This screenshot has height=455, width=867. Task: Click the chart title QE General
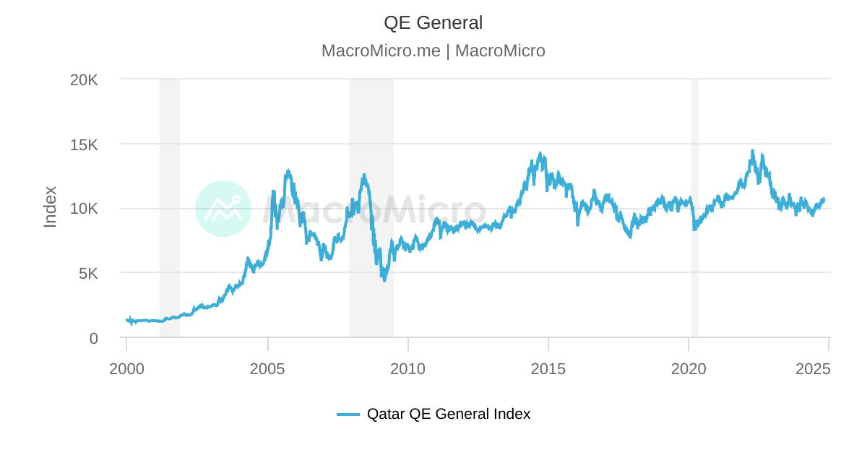[x=433, y=23]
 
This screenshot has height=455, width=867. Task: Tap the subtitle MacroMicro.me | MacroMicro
[x=433, y=51]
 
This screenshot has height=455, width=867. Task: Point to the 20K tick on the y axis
[x=84, y=79]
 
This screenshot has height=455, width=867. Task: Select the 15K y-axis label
[x=84, y=144]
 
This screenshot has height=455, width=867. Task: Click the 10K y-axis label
[x=84, y=209]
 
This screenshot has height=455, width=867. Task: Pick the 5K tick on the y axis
[x=89, y=274]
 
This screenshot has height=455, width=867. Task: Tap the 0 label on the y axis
[x=94, y=338]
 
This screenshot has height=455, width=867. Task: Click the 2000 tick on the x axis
[x=126, y=368]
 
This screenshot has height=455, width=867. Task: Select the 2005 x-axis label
[x=267, y=368]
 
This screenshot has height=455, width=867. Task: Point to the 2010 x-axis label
[x=407, y=368]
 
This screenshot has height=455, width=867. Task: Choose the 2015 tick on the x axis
[x=548, y=368]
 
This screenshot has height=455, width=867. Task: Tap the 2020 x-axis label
[x=689, y=368]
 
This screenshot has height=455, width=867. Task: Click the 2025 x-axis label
[x=813, y=368]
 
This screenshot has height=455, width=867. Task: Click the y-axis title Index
[x=50, y=207]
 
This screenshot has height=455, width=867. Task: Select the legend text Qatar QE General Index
[x=448, y=415]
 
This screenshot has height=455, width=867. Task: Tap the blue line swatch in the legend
[x=348, y=415]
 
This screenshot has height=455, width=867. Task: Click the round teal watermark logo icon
[x=223, y=209]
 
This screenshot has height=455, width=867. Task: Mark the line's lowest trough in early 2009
[x=384, y=280]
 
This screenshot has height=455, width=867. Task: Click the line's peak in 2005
[x=288, y=171]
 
